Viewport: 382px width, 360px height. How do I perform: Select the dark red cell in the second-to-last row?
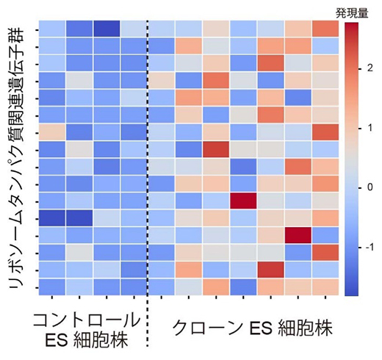pyautogui.click(x=270, y=269)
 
